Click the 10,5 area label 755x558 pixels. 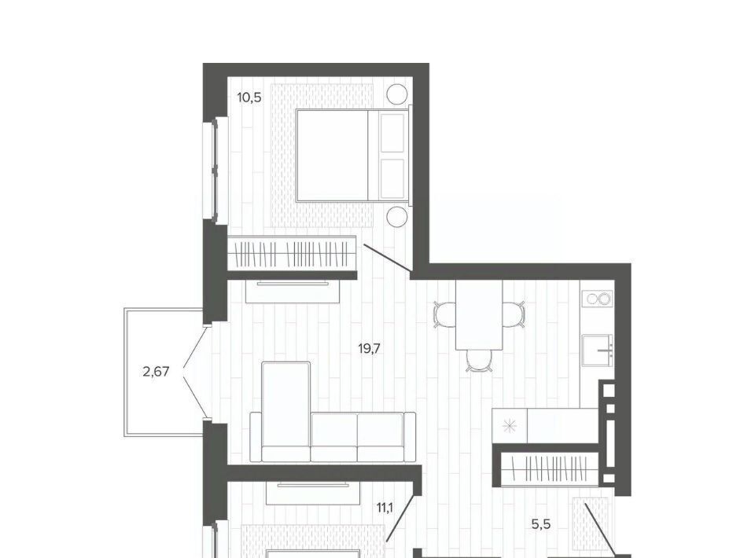(x=249, y=97)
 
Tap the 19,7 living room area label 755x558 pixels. (x=370, y=348)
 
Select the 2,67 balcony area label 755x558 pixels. (x=156, y=372)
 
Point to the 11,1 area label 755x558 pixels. (x=385, y=508)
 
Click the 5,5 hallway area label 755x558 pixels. (x=541, y=524)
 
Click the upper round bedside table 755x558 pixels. (x=397, y=94)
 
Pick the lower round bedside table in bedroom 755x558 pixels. (x=397, y=216)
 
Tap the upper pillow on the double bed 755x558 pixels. (x=392, y=133)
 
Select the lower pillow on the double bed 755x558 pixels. (x=392, y=178)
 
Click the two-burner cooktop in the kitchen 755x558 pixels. (x=598, y=299)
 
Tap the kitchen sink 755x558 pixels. (x=597, y=351)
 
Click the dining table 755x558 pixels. (x=479, y=315)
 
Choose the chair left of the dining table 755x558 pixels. (x=444, y=314)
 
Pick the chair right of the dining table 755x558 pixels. (x=514, y=314)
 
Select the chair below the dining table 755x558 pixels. (x=479, y=360)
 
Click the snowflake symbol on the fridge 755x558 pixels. (x=510, y=426)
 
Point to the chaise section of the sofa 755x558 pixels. (x=285, y=412)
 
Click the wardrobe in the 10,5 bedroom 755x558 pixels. (x=292, y=253)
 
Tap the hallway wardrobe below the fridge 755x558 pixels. (x=550, y=469)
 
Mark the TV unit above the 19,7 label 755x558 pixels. (x=293, y=291)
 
